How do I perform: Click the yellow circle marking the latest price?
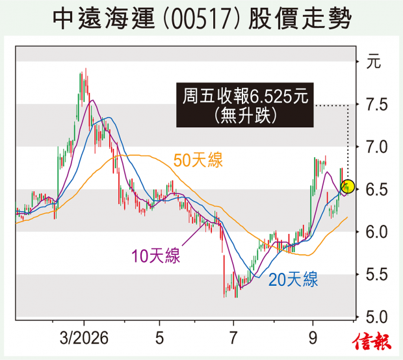tap(348, 186)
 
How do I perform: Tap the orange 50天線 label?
tap(198, 160)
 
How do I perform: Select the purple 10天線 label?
tap(156, 255)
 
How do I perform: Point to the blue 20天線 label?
tap(293, 279)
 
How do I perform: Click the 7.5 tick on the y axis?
tap(376, 105)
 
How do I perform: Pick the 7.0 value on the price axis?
tap(376, 148)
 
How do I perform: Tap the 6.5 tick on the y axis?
tap(376, 190)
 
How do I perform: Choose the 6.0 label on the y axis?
tap(376, 232)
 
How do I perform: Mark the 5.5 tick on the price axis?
tap(376, 275)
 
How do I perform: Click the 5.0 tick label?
tap(376, 317)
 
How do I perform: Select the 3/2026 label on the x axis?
tap(84, 338)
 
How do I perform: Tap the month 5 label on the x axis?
tap(159, 338)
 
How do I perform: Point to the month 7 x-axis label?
tap(233, 338)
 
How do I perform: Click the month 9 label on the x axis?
tap(313, 338)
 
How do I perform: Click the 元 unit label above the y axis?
tap(373, 62)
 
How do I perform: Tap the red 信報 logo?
tap(371, 341)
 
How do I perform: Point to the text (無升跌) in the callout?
tap(246, 115)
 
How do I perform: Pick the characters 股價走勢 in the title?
tap(300, 19)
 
